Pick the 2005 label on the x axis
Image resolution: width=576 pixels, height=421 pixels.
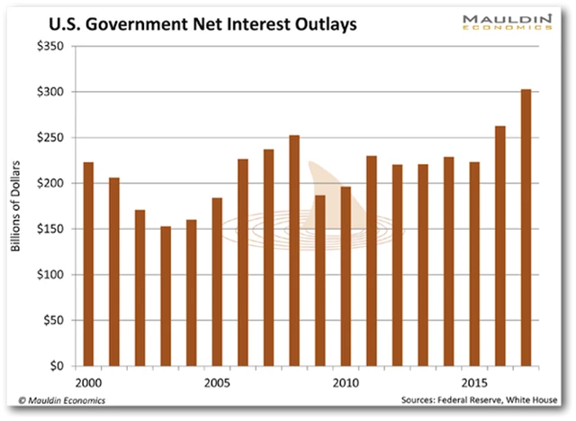(216, 381)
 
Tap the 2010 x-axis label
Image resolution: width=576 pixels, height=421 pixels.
(345, 381)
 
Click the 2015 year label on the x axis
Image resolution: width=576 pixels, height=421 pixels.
(473, 381)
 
